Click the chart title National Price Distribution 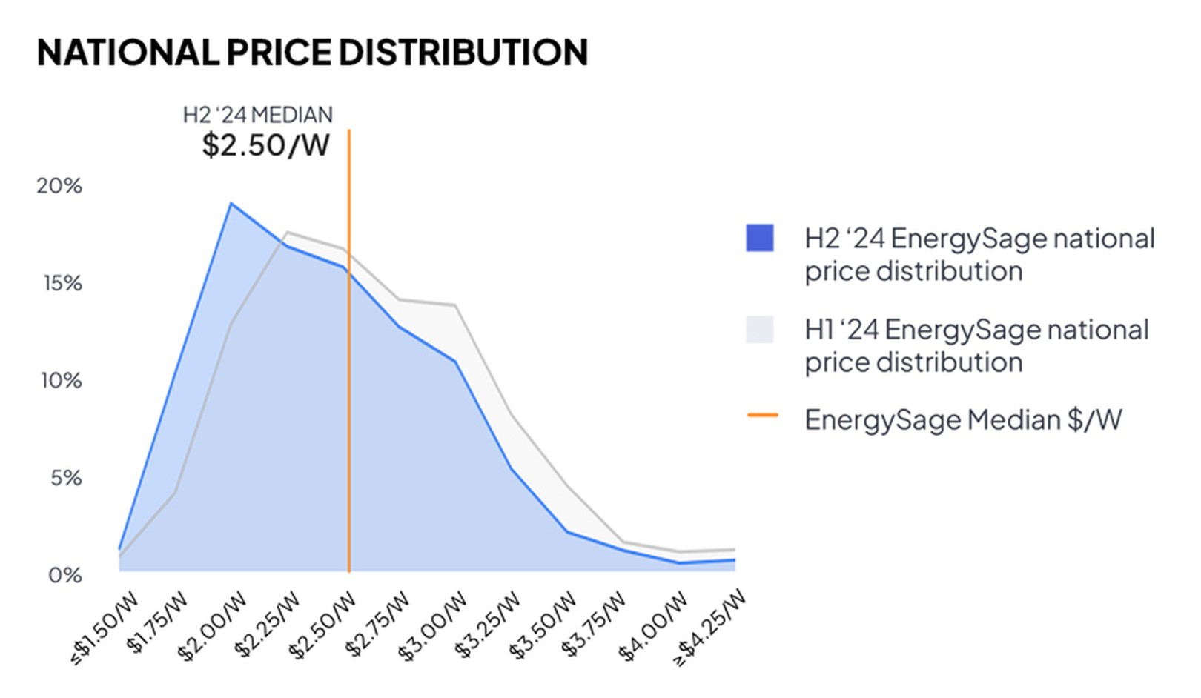312,53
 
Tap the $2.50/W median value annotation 265,144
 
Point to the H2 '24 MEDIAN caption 258,115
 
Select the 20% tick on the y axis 59,185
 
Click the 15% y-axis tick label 62,283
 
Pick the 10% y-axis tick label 61,381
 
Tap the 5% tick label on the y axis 66,478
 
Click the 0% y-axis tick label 65,575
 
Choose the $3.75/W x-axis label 594,624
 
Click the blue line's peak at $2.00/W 231,203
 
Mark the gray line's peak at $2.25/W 287,233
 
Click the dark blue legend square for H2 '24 760,238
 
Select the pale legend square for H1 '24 760,330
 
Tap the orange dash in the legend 762,416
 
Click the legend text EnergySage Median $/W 963,420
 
